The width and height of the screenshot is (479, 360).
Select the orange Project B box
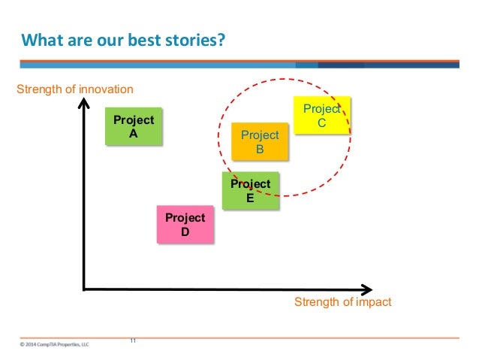pos(259,142)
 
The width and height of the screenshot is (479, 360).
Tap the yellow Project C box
pos(321,115)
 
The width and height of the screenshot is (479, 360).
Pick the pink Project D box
pos(185,225)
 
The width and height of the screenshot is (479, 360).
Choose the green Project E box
pos(250,191)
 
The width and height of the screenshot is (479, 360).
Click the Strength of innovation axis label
pos(74,90)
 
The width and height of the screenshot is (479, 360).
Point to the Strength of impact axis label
pos(342,302)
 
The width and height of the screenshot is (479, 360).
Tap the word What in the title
pos(38,38)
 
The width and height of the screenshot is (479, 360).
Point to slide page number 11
pos(133,340)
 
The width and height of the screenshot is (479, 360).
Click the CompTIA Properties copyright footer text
pos(54,344)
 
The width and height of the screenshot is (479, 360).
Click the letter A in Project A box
pos(133,134)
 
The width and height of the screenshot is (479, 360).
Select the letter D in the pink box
pos(185,231)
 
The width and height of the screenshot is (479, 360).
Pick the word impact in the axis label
pos(375,302)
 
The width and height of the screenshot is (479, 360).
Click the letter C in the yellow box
pos(321,123)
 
